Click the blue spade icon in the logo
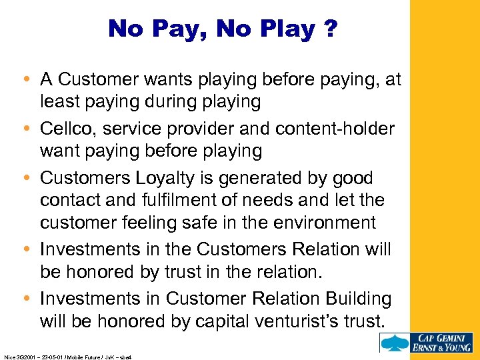coord(394,343)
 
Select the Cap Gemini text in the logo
coord(442,337)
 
